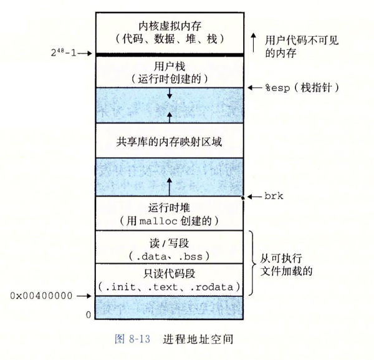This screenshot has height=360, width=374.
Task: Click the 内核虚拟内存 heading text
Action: pyautogui.click(x=170, y=26)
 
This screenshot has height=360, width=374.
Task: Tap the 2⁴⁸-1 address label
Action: pyautogui.click(x=64, y=52)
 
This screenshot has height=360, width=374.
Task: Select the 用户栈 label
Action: pyautogui.click(x=170, y=66)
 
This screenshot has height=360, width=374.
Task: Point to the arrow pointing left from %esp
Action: pyautogui.click(x=255, y=88)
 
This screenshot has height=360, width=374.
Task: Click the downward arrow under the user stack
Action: pyautogui.click(x=170, y=94)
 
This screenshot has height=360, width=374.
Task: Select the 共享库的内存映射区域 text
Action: pyautogui.click(x=169, y=142)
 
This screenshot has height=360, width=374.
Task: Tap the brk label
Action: pyautogui.click(x=274, y=197)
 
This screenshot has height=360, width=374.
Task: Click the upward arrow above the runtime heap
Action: pyautogui.click(x=170, y=187)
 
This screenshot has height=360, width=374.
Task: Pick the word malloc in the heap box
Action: pyautogui.click(x=158, y=221)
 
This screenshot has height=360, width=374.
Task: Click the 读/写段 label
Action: pyautogui.click(x=169, y=243)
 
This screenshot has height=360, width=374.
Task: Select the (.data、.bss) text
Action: pyautogui.click(x=169, y=256)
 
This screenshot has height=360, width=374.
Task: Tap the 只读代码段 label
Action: pyautogui.click(x=169, y=273)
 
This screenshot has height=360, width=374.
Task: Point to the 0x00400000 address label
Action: pyautogui.click(x=41, y=296)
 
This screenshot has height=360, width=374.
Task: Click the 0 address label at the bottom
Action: pyautogui.click(x=89, y=315)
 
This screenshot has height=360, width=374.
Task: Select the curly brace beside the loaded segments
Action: pyautogui.click(x=252, y=263)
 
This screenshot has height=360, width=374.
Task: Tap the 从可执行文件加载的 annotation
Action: pyautogui.click(x=286, y=265)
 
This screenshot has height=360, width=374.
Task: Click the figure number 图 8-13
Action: pyautogui.click(x=133, y=339)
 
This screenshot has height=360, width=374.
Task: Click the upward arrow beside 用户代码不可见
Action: pyautogui.click(x=254, y=42)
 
